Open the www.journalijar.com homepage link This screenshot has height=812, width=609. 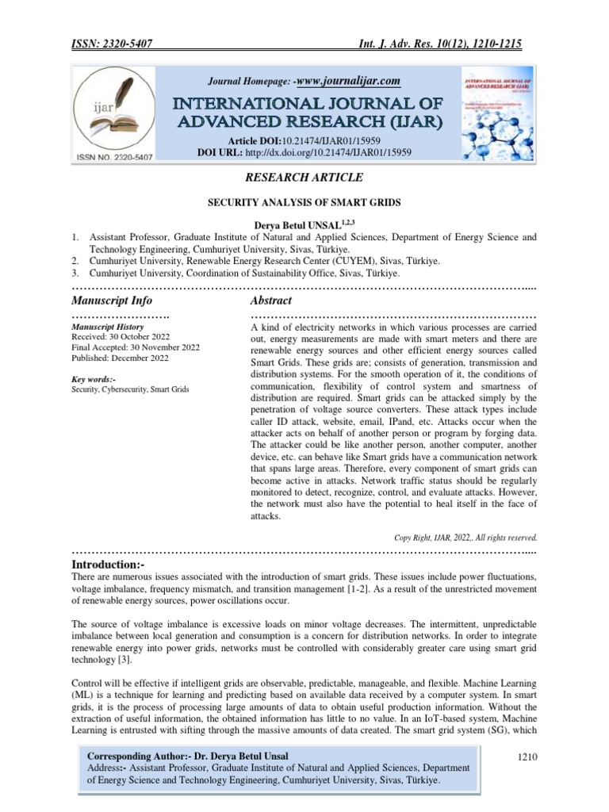349,81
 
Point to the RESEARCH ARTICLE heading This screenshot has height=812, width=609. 304,177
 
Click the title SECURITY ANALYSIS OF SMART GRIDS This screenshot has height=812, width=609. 304,203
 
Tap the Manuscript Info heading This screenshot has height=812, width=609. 112,301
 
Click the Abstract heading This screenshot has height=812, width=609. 270,301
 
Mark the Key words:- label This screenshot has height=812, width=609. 94,380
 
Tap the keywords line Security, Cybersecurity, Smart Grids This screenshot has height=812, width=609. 130,390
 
